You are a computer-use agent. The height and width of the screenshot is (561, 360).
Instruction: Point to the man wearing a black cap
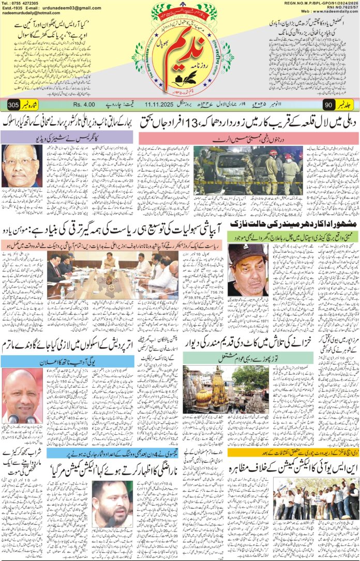coord(247,269)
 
